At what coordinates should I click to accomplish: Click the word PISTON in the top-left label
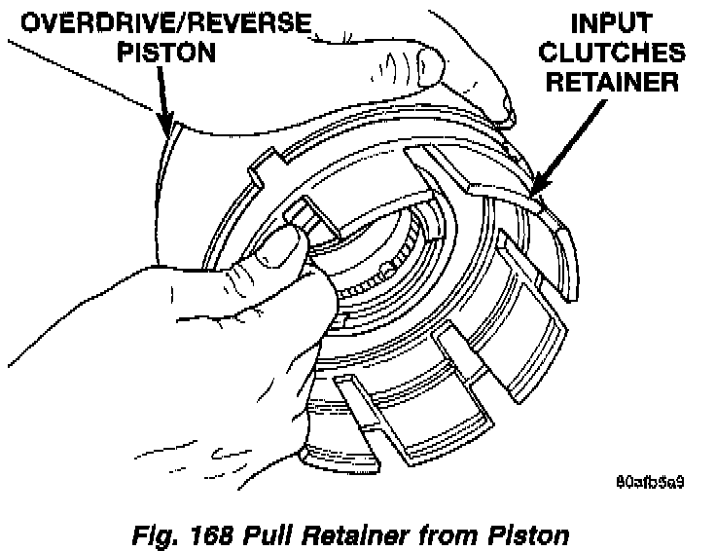(x=160, y=51)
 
